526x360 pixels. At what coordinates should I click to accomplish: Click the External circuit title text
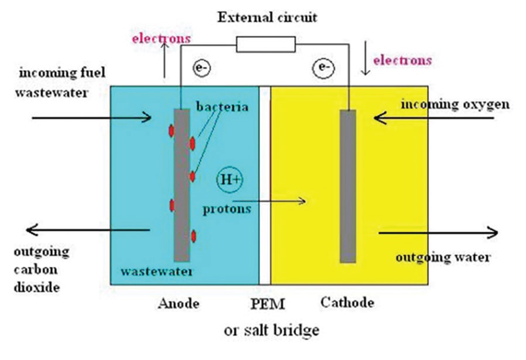pyautogui.click(x=267, y=17)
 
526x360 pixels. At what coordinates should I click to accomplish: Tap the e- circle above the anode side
pyautogui.click(x=201, y=69)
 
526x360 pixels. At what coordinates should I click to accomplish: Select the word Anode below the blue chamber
pyautogui.click(x=179, y=304)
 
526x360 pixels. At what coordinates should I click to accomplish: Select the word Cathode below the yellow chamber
pyautogui.click(x=347, y=303)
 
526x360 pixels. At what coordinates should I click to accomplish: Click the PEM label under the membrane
pyautogui.click(x=263, y=304)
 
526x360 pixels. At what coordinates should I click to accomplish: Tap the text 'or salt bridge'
pyautogui.click(x=272, y=330)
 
